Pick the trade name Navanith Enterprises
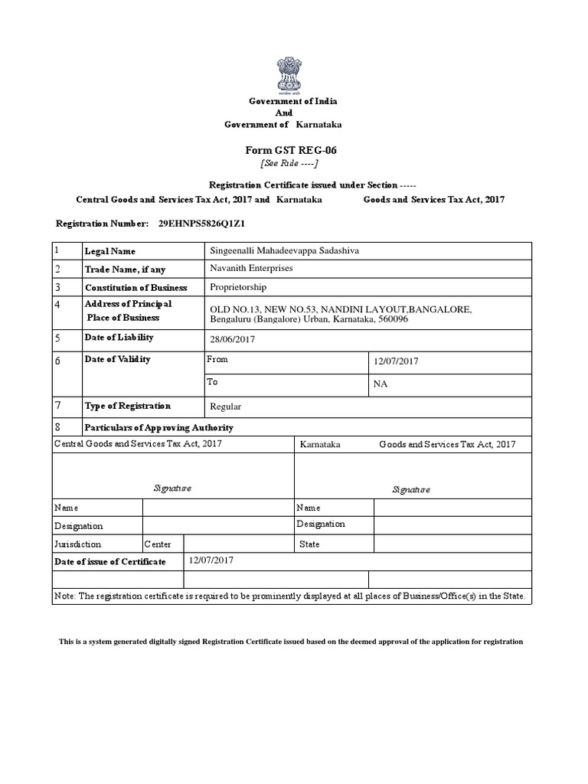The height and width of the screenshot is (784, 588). coord(251,269)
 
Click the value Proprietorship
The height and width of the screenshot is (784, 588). coord(238,287)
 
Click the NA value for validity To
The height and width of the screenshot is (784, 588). coord(380,384)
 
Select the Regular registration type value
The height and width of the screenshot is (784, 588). coord(226,407)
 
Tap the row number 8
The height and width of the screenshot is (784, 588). coord(57,427)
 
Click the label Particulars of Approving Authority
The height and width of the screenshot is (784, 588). coord(159,428)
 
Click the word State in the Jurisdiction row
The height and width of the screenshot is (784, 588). coord(309,544)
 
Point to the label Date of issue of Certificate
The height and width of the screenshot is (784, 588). coord(109,562)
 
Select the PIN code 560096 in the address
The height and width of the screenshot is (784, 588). coord(393,319)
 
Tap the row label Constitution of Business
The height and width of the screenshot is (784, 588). coord(136,288)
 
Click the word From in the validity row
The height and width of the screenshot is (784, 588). coord(217,359)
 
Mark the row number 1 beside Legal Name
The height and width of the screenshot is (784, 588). coord(57,250)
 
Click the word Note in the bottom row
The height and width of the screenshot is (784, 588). coord(64,596)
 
